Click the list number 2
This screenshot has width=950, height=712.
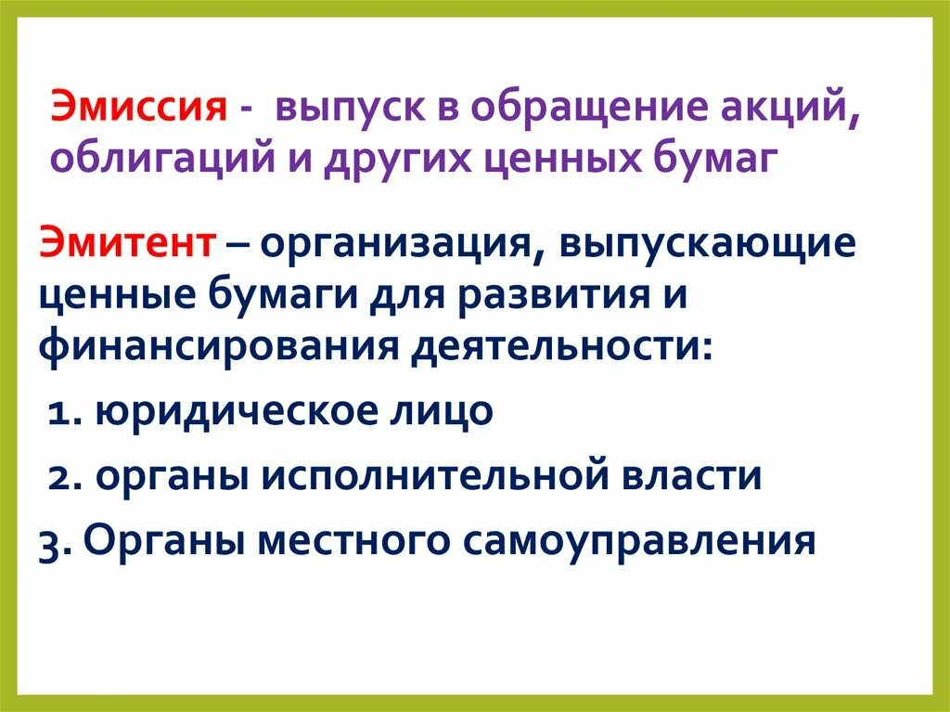tap(61, 475)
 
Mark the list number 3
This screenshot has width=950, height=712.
tap(50, 540)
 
